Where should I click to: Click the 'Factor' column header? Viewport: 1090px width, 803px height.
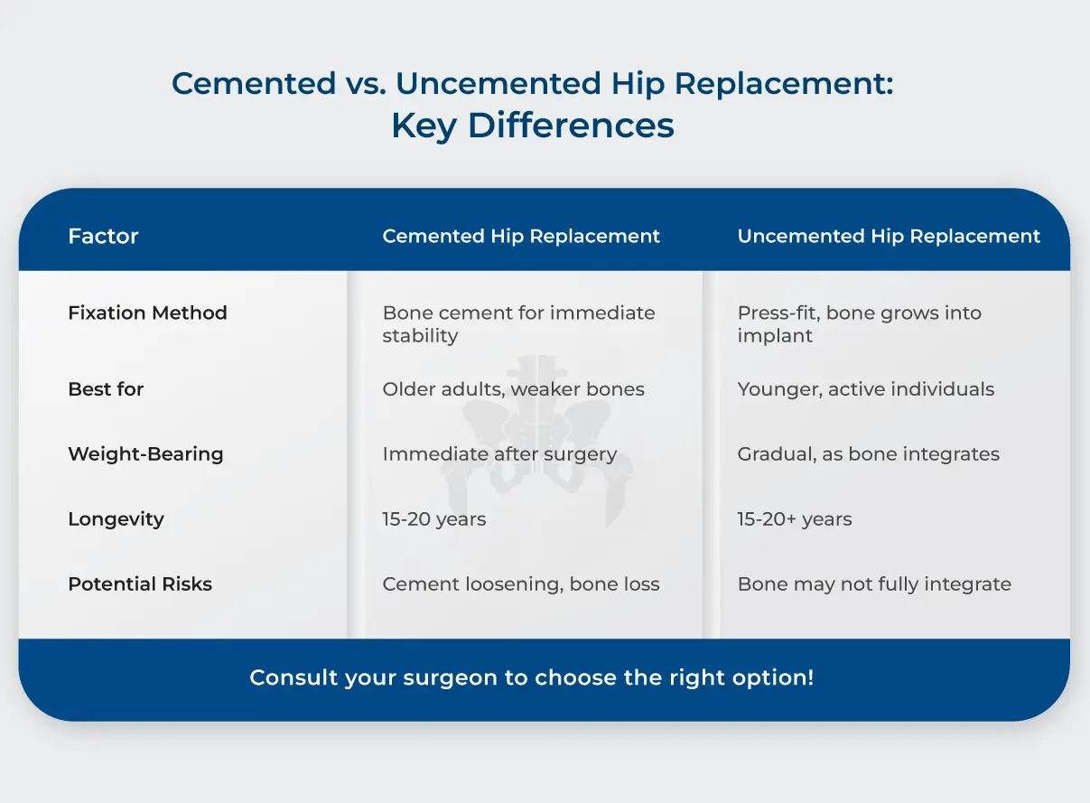(x=103, y=237)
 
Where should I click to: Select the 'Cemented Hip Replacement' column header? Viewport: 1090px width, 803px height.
(x=521, y=237)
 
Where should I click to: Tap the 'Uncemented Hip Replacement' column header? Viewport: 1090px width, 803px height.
(x=889, y=237)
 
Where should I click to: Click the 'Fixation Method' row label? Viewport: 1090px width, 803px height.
(x=147, y=313)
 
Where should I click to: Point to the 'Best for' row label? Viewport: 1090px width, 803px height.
(x=106, y=389)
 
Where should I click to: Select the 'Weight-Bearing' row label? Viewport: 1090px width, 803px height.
(x=145, y=454)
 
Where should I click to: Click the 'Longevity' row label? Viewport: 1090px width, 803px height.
(x=116, y=519)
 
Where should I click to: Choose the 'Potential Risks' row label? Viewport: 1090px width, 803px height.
(x=140, y=584)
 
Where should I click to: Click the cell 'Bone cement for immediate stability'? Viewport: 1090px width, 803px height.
(x=518, y=324)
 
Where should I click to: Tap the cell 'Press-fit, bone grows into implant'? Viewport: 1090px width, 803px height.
(x=859, y=324)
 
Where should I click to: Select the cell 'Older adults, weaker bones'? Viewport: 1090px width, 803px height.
(x=513, y=389)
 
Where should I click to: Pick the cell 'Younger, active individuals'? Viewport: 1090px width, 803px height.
(x=865, y=389)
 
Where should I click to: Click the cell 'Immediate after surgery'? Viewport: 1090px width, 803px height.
(x=499, y=454)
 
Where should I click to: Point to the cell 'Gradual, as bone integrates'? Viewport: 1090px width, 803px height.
(x=868, y=454)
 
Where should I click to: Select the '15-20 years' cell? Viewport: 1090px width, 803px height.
(x=433, y=519)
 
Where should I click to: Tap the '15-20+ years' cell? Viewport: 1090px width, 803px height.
(x=794, y=519)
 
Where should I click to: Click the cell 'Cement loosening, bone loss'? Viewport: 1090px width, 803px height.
(x=520, y=584)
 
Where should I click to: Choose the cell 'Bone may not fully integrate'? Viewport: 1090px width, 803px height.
(x=873, y=584)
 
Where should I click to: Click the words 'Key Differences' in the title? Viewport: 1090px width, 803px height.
(x=533, y=126)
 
